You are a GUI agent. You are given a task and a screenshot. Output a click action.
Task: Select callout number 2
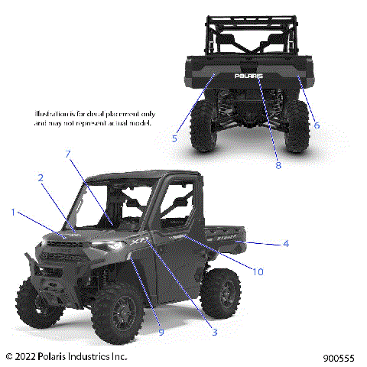40,177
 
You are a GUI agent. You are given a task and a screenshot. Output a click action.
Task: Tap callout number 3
215,332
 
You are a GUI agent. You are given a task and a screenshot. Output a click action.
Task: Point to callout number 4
285,244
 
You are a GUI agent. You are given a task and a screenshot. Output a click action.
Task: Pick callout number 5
174,138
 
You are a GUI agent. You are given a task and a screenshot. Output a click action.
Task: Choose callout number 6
317,125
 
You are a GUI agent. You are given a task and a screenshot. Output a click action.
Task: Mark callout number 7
68,154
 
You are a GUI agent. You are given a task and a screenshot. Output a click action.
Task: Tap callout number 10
257,271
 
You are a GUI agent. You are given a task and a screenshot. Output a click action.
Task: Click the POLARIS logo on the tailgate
248,76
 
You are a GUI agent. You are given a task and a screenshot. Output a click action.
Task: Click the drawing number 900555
339,357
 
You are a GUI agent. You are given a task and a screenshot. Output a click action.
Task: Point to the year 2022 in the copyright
29,356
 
